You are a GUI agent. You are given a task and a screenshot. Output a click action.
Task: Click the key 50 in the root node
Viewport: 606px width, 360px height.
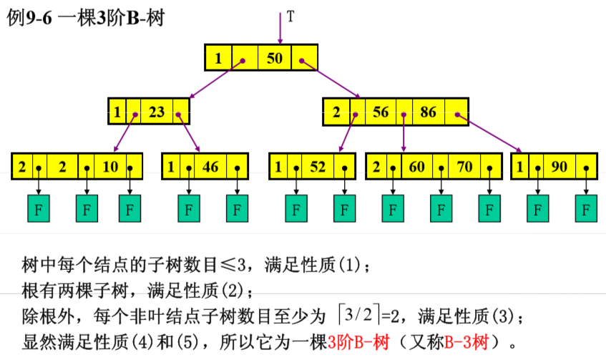coord(275,59)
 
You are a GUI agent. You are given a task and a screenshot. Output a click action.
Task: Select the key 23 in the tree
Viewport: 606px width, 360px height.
coord(157,112)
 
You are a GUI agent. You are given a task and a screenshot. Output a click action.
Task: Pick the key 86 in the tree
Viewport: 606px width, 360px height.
coord(428,112)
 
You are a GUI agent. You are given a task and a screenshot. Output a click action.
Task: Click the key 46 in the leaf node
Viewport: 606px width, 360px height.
coord(210,167)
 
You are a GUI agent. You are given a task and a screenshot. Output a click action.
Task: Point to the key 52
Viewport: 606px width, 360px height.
coord(318,167)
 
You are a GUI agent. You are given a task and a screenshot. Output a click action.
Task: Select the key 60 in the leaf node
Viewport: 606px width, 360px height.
coord(416,167)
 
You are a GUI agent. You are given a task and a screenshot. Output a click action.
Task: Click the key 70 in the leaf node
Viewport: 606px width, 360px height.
coord(464,167)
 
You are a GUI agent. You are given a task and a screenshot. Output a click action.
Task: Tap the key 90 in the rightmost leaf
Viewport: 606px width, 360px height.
coord(559,167)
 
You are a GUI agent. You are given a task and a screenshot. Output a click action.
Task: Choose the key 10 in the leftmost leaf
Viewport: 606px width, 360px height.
coord(110,167)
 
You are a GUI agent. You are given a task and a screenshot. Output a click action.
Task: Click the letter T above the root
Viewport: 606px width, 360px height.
coord(290,16)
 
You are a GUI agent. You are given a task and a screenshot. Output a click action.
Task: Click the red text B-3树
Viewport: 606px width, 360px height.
coord(469,341)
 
